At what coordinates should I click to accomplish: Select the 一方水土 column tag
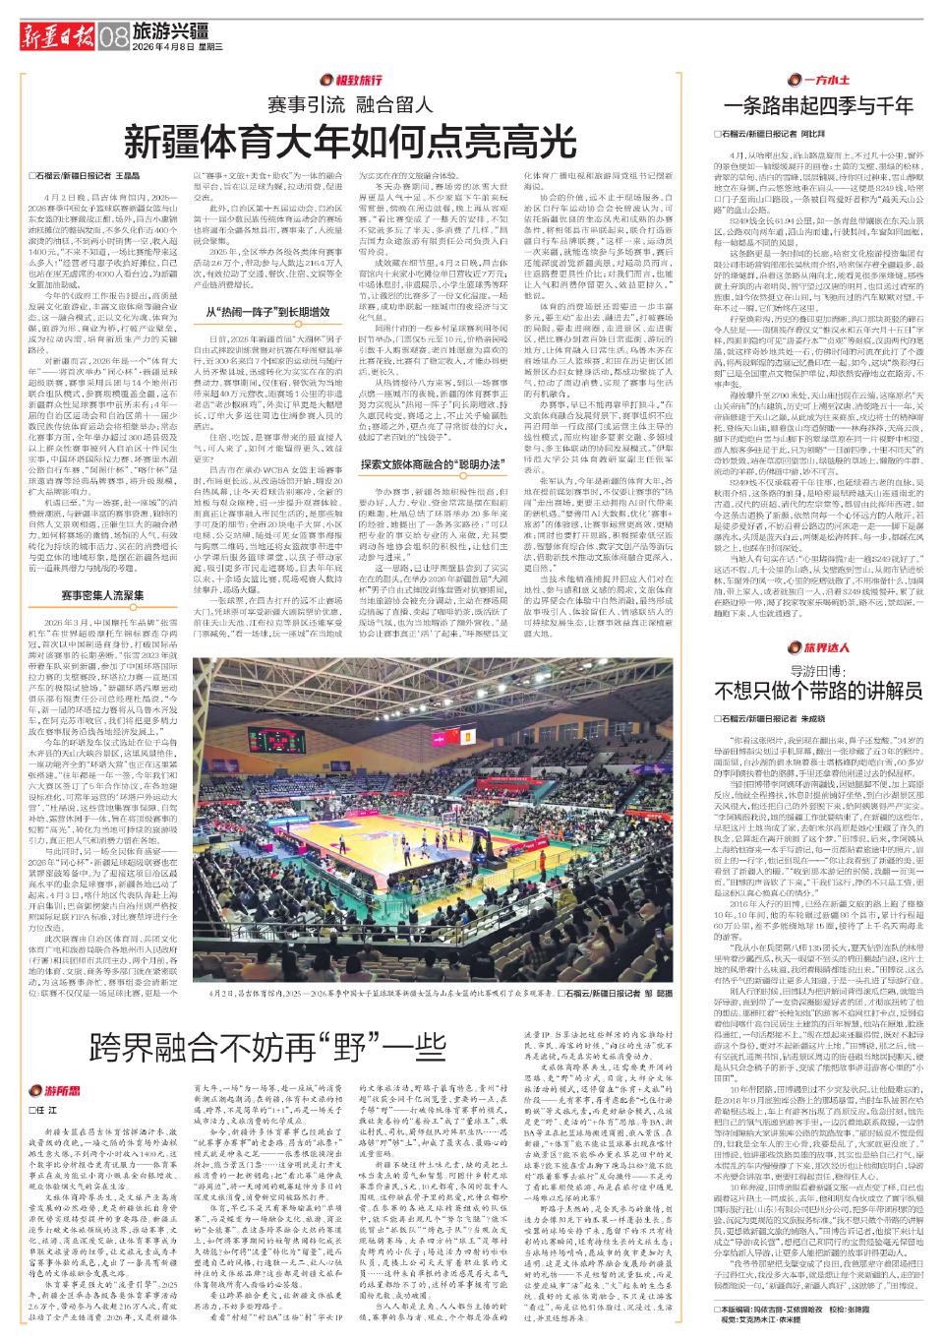point(807,77)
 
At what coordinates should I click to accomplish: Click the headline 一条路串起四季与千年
point(818,105)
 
